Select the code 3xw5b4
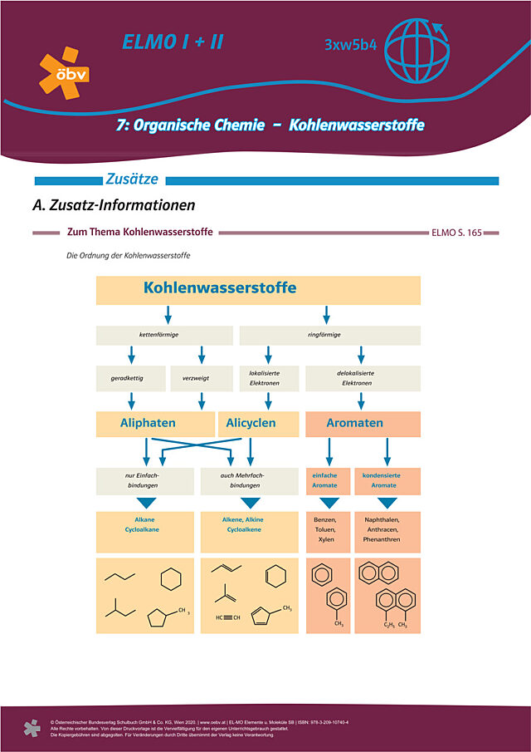(x=351, y=44)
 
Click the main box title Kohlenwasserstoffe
(x=220, y=288)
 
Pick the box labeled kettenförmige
(x=164, y=335)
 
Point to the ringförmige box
(x=329, y=335)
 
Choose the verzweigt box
(x=201, y=378)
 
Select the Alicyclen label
(x=251, y=423)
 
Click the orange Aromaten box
(x=363, y=423)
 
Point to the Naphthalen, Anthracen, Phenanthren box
(x=387, y=528)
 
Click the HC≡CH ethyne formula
(x=228, y=617)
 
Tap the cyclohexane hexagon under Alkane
(x=170, y=579)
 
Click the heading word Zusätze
(x=133, y=179)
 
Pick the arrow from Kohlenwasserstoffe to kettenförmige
(x=168, y=315)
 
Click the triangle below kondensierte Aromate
(x=387, y=503)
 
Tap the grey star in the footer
(x=32, y=728)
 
